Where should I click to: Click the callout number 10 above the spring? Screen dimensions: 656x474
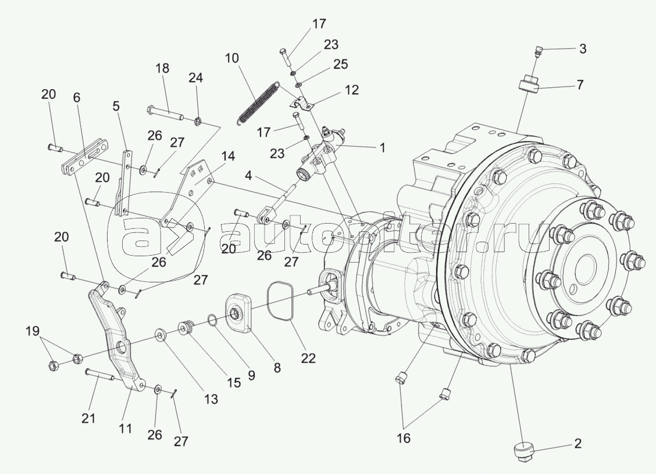231,58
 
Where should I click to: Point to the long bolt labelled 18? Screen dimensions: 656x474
166,114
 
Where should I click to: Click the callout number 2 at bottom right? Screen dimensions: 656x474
577,444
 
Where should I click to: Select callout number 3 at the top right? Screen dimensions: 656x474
583,49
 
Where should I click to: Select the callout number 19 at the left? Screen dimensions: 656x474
33,331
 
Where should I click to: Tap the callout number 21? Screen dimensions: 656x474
88,418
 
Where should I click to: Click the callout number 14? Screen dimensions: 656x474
228,157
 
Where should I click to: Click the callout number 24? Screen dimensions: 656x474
195,78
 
